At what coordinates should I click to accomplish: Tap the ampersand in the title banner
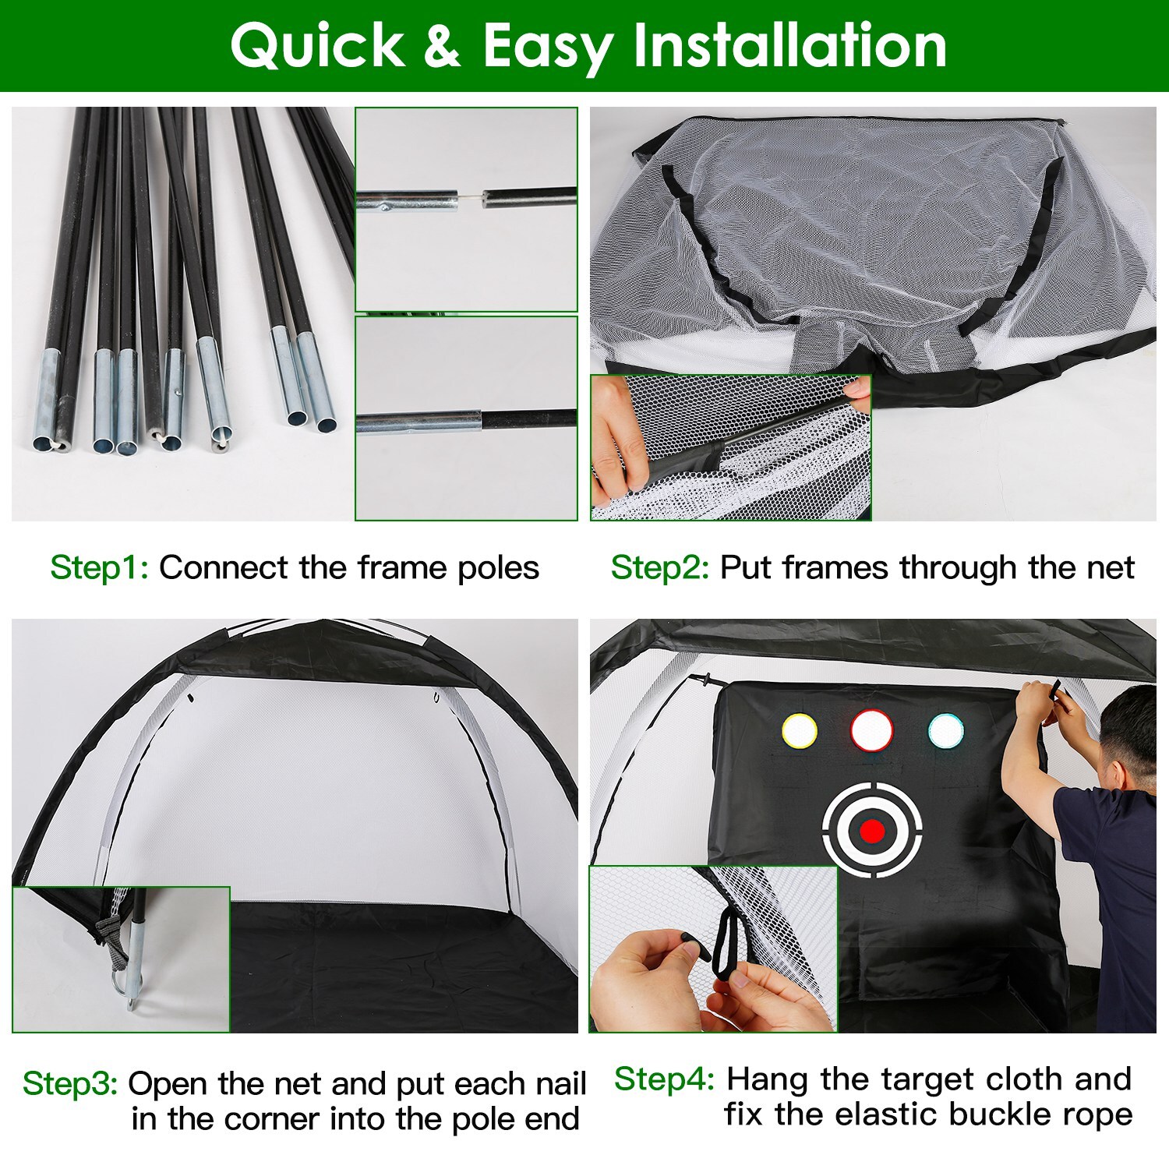(x=442, y=46)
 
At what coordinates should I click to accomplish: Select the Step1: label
(x=99, y=568)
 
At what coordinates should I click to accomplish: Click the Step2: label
(x=660, y=568)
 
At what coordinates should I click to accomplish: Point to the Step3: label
(x=70, y=1084)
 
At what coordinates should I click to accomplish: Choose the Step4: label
(x=664, y=1079)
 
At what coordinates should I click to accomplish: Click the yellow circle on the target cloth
(x=799, y=731)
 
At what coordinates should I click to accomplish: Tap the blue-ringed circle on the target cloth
(x=946, y=731)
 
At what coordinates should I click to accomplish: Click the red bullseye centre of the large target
(x=872, y=831)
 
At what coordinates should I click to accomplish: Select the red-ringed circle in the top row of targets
(x=871, y=731)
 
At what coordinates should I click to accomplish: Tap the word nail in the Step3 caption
(x=560, y=1084)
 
